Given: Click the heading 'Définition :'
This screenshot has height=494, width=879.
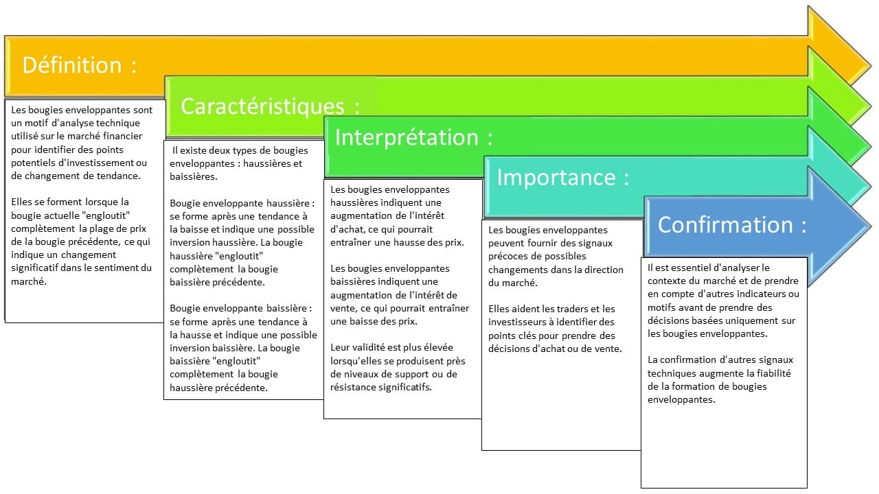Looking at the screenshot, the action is [79, 64].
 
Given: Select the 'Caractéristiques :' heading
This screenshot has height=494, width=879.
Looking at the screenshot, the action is [271, 106].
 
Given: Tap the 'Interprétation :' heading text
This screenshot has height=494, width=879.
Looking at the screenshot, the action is [413, 138].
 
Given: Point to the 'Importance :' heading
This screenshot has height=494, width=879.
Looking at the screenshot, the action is [563, 177].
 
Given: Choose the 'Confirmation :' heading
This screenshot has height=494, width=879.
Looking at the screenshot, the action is [732, 224].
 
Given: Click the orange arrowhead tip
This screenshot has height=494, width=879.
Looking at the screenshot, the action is [870, 65].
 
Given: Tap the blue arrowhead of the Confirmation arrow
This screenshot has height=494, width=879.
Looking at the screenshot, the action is [840, 226].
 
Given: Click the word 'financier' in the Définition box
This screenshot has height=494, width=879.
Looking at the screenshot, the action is [122, 136].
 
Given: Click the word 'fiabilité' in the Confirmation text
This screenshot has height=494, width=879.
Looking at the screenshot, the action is [774, 373].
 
